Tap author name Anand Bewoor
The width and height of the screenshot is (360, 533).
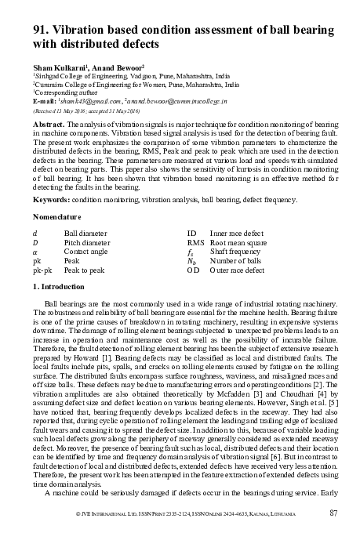tap(118, 66)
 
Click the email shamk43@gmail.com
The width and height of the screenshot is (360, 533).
tap(84, 101)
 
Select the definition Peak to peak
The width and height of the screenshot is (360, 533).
tap(84, 272)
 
